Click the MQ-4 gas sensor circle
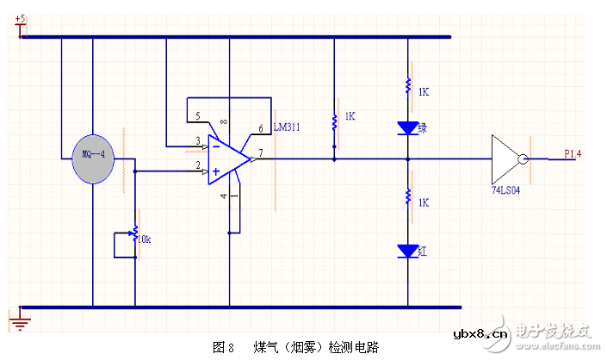tap(93, 158)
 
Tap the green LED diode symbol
tap(407, 127)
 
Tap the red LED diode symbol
tap(407, 251)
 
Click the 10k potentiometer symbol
tap(135, 233)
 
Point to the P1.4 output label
tap(573, 153)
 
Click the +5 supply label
tap(22, 18)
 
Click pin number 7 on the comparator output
tap(259, 152)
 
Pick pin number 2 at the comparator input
tap(198, 165)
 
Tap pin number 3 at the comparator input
tap(198, 140)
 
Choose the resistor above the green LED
tap(407, 86)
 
